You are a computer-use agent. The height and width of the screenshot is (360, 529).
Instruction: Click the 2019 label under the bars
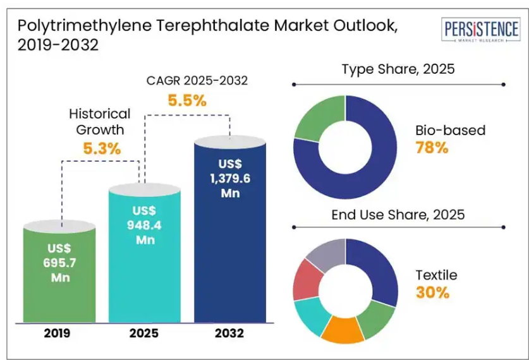[x=57, y=333]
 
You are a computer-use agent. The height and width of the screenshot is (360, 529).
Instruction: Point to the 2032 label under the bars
[x=229, y=333]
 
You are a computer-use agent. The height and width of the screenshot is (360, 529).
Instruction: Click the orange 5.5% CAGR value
[x=187, y=100]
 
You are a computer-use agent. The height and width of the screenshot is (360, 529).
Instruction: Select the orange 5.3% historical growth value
[x=102, y=148]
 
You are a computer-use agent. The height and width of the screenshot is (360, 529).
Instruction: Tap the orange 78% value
[x=432, y=147]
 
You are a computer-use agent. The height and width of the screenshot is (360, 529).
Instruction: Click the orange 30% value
[x=432, y=292]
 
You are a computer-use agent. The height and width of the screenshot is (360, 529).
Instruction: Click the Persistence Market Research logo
[x=481, y=30]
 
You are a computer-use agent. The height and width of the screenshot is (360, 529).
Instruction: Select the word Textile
[x=436, y=275]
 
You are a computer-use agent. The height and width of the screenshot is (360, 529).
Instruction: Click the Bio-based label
[x=451, y=130]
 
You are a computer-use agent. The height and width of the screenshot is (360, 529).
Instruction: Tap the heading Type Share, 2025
[x=398, y=69]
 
